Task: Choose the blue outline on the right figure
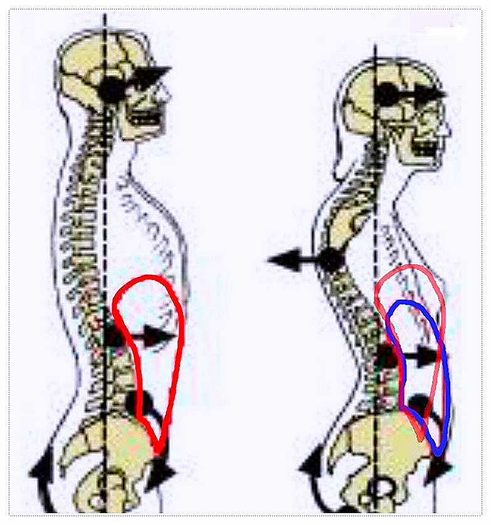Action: click(x=446, y=388)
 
